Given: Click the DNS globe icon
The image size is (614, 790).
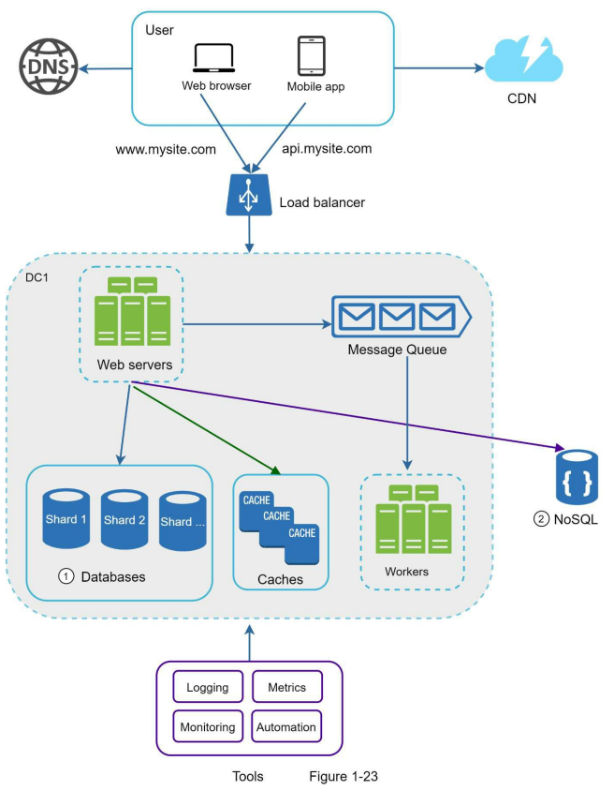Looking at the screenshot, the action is (x=49, y=67).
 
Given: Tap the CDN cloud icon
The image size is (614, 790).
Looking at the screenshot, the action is (x=523, y=58).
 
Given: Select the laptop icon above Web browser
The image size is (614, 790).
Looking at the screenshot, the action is (x=214, y=58).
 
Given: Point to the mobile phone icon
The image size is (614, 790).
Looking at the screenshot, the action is (x=311, y=55).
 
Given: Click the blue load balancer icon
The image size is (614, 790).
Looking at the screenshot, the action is (x=249, y=195).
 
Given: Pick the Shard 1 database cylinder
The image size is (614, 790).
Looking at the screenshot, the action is (x=66, y=518).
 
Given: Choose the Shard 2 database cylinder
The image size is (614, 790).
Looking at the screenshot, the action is (x=124, y=519).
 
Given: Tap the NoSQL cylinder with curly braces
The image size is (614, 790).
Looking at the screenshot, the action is (x=577, y=477).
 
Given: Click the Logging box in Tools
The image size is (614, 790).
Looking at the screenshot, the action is (x=208, y=686).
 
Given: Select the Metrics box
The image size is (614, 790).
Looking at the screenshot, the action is (x=286, y=686).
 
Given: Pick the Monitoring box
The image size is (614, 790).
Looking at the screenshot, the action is (x=208, y=726).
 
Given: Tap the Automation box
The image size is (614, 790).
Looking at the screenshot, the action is (x=286, y=726).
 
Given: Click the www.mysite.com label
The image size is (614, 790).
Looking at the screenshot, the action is (x=166, y=150).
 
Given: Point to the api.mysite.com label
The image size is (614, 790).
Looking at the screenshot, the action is (x=327, y=149).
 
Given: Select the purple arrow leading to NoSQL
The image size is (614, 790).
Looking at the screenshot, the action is (x=347, y=416).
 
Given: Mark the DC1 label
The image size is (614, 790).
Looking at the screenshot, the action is (x=37, y=277).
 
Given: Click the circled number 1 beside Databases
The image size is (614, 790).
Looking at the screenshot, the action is (x=66, y=576).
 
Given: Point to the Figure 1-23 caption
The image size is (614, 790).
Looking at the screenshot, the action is (x=344, y=776).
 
